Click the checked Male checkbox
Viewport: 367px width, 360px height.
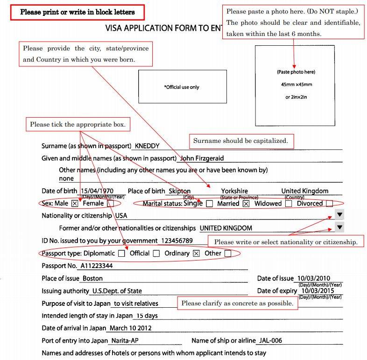click(x=75, y=204)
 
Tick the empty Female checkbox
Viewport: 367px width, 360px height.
click(x=110, y=204)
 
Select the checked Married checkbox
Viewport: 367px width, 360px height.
click(x=246, y=204)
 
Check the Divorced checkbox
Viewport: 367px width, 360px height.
click(x=330, y=204)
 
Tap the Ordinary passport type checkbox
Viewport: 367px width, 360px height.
click(x=196, y=254)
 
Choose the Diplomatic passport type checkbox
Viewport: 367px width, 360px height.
click(x=121, y=254)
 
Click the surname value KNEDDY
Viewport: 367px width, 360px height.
click(x=148, y=146)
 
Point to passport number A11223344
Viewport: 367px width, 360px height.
click(x=97, y=266)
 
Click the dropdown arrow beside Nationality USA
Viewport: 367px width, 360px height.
click(x=339, y=215)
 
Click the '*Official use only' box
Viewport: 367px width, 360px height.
click(x=182, y=87)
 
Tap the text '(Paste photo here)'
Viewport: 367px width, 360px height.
click(x=296, y=72)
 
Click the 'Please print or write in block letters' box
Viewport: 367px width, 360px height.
click(x=78, y=12)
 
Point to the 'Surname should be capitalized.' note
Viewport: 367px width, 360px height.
click(x=241, y=141)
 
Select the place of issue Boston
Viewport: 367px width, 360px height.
click(x=92, y=278)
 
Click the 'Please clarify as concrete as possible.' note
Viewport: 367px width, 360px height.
click(x=237, y=303)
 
